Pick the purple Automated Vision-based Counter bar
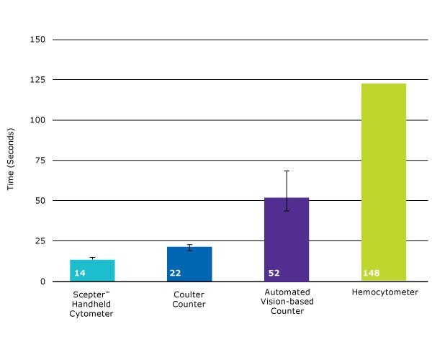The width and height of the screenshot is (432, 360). click(287, 238)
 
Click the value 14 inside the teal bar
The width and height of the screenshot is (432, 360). click(80, 274)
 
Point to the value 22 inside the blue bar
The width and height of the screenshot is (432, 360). click(175, 274)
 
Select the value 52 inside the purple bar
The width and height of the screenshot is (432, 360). click(274, 274)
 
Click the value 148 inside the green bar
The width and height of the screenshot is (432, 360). click(372, 274)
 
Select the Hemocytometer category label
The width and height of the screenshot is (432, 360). click(384, 292)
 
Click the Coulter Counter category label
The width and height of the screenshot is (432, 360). click(189, 299)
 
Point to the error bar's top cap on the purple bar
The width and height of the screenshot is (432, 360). click(287, 171)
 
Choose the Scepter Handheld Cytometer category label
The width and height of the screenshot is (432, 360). click(93, 304)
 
